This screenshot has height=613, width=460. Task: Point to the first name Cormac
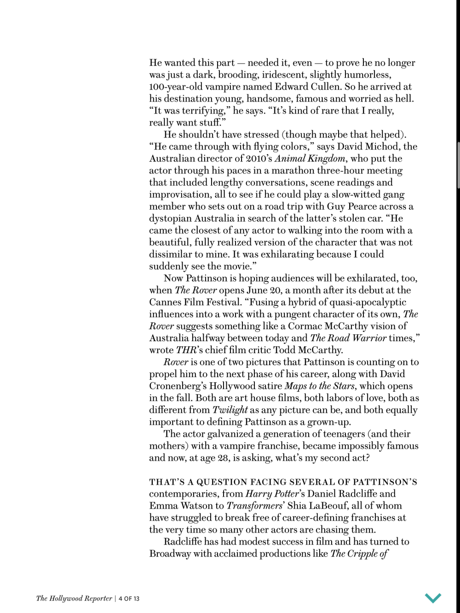tap(305, 326)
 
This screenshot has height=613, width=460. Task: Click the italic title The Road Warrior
tap(348, 338)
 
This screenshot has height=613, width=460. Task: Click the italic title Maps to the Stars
tap(320, 386)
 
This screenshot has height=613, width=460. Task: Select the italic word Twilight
tap(230, 410)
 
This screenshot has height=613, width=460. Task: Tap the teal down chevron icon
tap(433, 598)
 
